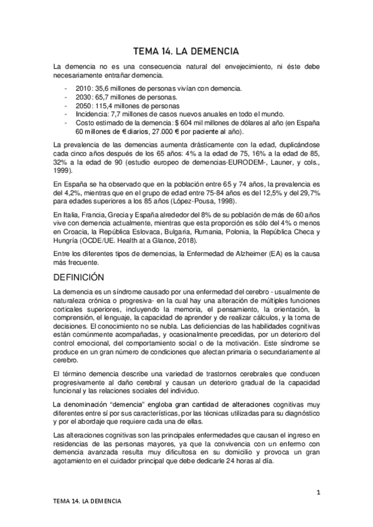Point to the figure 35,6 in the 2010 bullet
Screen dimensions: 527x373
tap(104, 89)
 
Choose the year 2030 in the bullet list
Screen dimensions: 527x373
tap(83, 98)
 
